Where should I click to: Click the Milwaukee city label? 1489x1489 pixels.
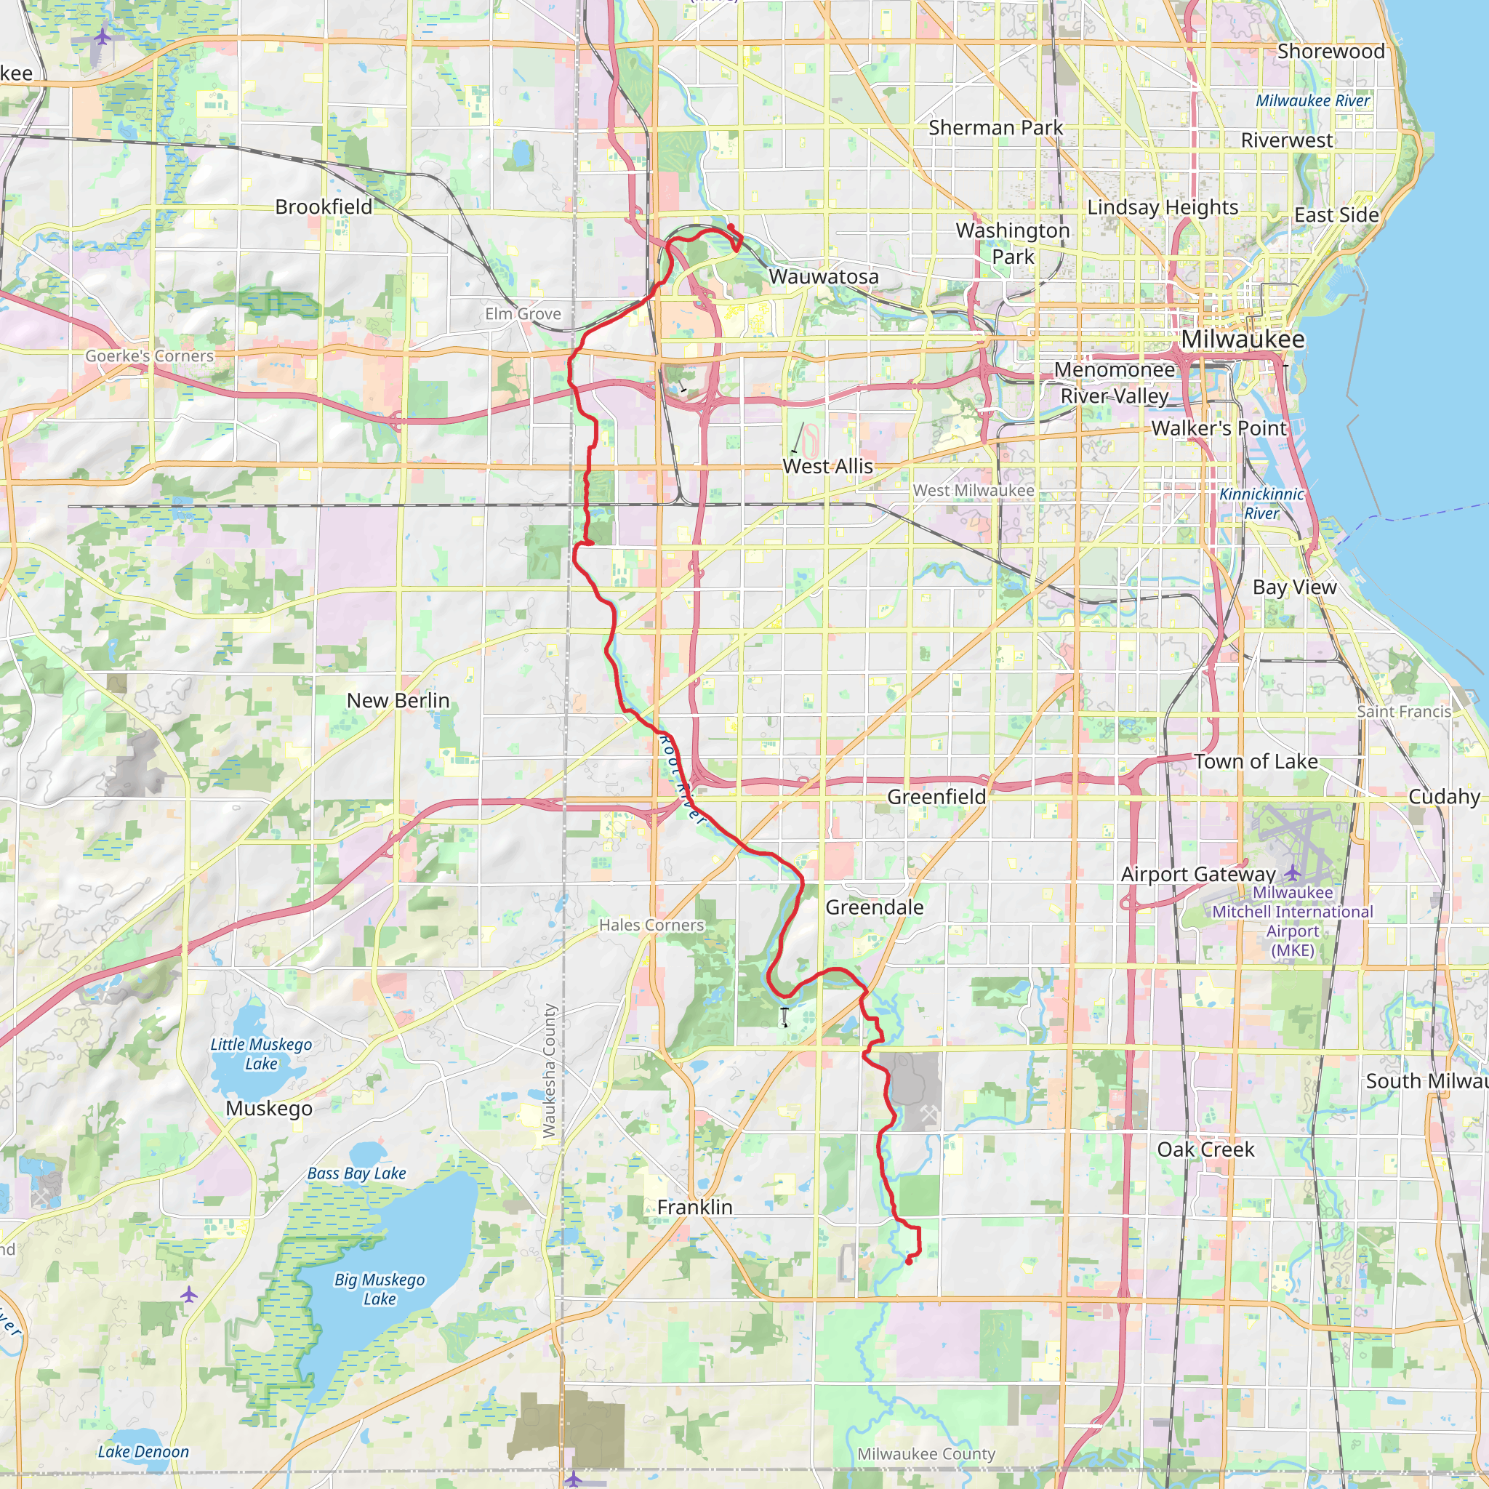click(1243, 339)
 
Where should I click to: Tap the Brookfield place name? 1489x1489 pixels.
click(324, 206)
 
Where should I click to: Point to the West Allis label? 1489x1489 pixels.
click(827, 466)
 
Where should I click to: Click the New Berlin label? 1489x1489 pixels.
click(398, 701)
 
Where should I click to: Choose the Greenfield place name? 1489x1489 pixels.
click(936, 797)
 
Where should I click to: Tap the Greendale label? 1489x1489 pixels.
click(874, 907)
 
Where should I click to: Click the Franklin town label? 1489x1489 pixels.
click(694, 1207)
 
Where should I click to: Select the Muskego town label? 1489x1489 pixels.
click(269, 1108)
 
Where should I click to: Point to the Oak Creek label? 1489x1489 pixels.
click(1205, 1149)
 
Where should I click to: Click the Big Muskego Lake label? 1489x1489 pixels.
click(380, 1289)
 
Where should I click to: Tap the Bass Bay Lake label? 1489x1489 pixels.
click(356, 1173)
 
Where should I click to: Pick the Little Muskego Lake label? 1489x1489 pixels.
click(261, 1053)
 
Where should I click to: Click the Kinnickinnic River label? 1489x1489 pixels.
click(1261, 503)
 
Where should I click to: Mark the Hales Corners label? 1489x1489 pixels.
click(651, 925)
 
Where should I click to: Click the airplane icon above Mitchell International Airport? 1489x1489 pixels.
click(1293, 872)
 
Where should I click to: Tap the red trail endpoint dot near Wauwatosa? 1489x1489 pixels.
click(731, 228)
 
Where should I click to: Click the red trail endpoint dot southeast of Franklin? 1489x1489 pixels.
click(910, 1261)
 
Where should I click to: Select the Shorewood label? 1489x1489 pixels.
click(1331, 52)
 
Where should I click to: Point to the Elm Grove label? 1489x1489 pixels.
click(523, 313)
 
